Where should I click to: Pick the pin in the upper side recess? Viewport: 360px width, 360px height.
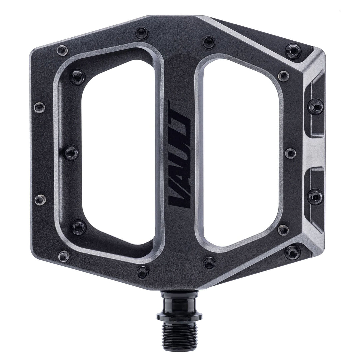click(315, 106)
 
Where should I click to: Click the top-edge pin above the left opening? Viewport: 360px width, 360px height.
click(142, 33)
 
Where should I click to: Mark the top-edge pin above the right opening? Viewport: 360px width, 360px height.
click(209, 42)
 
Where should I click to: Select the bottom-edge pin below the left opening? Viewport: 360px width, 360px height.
click(143, 272)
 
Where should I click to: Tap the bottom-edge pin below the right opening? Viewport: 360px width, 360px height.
click(209, 263)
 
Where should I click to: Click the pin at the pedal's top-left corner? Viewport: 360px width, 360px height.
click(62, 51)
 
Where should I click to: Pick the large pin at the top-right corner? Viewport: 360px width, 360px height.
click(293, 51)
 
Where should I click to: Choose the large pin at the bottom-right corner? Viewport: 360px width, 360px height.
click(292, 252)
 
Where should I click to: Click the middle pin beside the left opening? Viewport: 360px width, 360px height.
click(71, 152)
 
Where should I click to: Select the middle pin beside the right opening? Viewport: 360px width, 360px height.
click(290, 153)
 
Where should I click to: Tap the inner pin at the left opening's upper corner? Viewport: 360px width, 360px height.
click(77, 77)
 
